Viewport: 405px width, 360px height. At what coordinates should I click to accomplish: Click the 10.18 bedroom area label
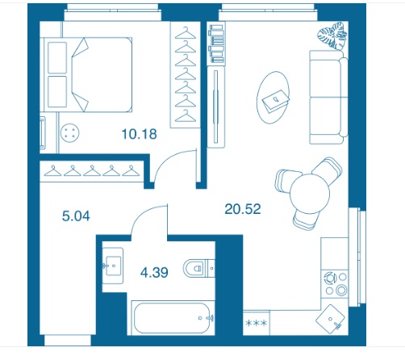(x=139, y=134)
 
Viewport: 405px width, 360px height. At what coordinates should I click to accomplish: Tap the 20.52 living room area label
(x=243, y=209)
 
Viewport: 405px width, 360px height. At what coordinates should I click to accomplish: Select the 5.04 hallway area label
(x=76, y=216)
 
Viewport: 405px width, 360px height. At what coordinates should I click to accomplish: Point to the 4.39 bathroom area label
(x=154, y=272)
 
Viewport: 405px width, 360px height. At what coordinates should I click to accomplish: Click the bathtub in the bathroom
(x=172, y=318)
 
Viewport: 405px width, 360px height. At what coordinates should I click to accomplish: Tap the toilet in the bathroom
(x=198, y=268)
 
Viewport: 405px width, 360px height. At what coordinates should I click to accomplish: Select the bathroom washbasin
(x=113, y=266)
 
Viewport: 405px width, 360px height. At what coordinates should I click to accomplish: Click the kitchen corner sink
(x=330, y=320)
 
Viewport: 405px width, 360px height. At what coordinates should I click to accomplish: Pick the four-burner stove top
(x=336, y=283)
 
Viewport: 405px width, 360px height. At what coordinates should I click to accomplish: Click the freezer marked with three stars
(x=257, y=323)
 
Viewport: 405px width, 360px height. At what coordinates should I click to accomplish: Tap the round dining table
(x=310, y=194)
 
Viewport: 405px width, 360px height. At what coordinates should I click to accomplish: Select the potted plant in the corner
(x=332, y=36)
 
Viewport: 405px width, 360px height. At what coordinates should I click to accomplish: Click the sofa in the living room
(x=328, y=97)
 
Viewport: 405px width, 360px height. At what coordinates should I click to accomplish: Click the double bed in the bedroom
(x=88, y=74)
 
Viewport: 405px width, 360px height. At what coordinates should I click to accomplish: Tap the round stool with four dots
(x=70, y=132)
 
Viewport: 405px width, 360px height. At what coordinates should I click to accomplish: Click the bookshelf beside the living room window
(x=216, y=44)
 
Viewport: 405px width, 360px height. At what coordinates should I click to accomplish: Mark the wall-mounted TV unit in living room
(x=215, y=107)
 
